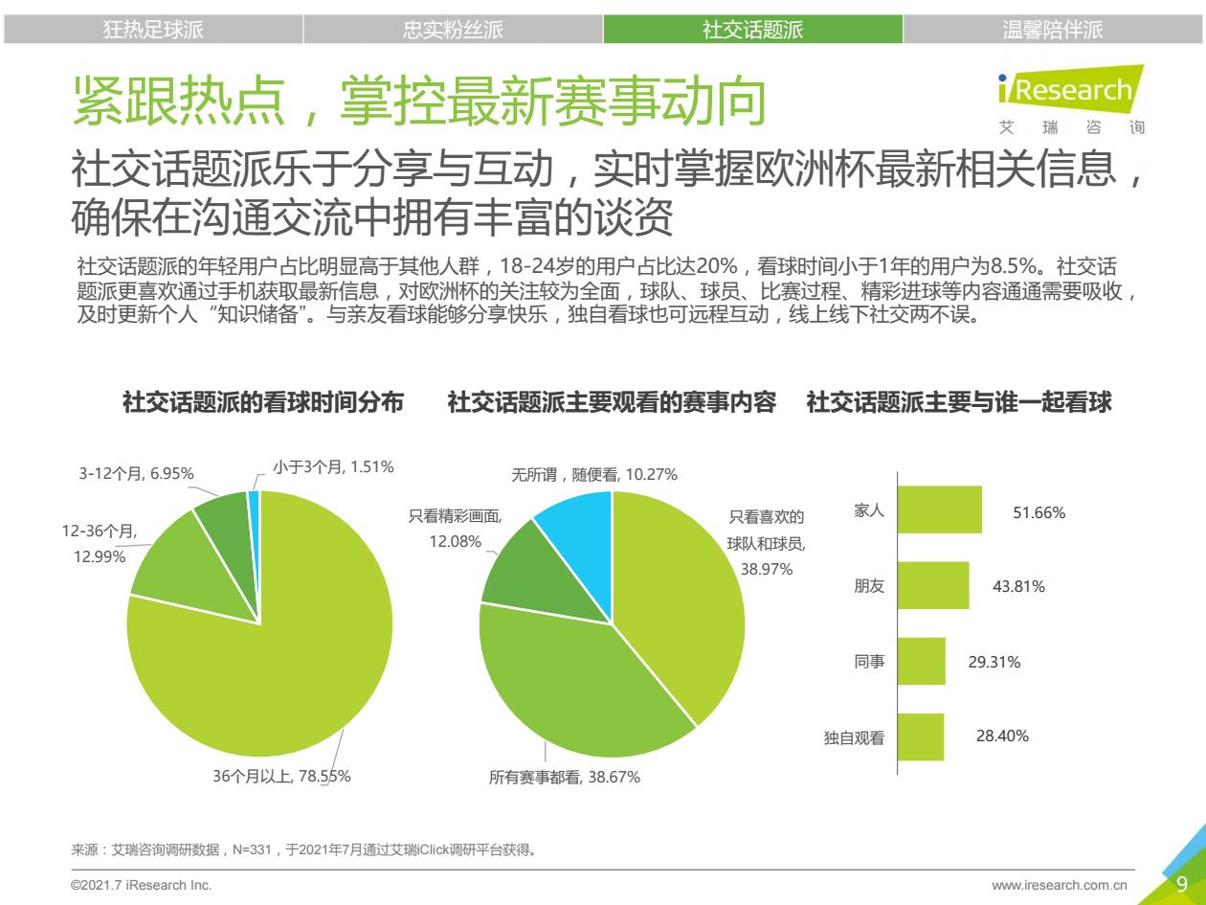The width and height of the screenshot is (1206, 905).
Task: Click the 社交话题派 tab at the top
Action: click(752, 30)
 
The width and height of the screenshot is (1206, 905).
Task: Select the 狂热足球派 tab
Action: click(153, 30)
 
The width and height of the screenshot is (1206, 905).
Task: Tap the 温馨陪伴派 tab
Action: click(1053, 30)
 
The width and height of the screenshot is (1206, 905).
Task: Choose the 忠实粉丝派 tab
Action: click(453, 30)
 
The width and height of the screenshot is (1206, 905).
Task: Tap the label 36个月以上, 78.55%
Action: click(281, 777)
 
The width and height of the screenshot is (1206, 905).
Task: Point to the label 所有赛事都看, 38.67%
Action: click(565, 778)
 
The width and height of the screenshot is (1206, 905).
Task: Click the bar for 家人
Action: click(940, 509)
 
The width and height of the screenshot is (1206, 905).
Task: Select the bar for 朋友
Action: click(934, 585)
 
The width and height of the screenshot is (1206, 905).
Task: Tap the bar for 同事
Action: click(922, 661)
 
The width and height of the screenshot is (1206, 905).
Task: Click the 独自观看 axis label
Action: click(854, 737)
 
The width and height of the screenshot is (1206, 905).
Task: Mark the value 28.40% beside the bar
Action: click(1002, 736)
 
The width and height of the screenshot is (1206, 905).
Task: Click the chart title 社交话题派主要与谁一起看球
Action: click(959, 403)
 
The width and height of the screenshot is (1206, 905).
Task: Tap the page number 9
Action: click(1182, 884)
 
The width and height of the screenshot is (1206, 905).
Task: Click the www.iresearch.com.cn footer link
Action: click(1060, 886)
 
